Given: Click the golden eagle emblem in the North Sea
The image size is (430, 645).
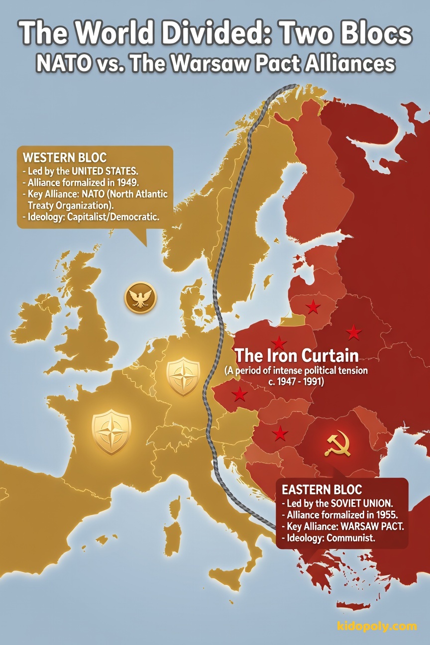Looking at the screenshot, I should (x=140, y=298).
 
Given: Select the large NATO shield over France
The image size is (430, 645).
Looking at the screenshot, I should (x=111, y=431).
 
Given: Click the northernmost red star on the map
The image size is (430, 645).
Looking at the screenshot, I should (x=313, y=307).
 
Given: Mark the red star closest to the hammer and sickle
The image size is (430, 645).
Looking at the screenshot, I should (x=280, y=433).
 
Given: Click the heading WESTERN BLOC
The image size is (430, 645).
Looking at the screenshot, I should (x=65, y=158).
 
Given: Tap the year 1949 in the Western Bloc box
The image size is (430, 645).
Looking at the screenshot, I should (x=124, y=182).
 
